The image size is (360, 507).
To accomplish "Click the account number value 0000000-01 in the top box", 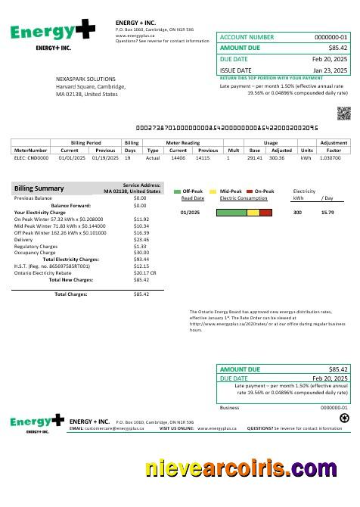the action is [331, 37].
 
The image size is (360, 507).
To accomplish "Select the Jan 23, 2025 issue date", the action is [330, 70].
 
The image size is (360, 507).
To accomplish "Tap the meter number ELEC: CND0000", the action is [32, 158].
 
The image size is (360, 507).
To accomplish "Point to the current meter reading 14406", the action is [178, 158].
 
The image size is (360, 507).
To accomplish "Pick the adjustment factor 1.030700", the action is [331, 158].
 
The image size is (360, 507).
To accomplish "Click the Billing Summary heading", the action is [39, 188].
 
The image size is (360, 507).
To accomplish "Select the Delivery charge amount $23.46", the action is [141, 239].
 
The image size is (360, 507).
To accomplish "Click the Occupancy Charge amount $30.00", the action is [141, 253].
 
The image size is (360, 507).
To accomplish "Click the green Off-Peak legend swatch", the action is [177, 191].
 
